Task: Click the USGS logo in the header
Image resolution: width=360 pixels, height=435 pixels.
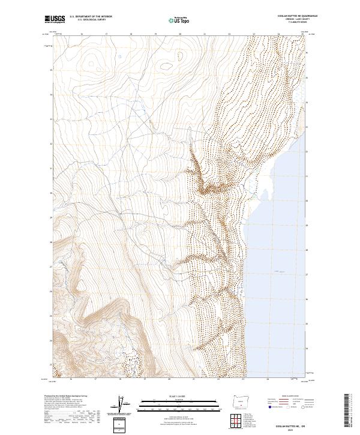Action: tap(55, 20)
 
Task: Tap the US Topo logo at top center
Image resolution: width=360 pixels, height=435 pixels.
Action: tap(179, 20)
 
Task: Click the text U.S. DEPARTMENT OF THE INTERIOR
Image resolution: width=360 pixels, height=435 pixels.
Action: tap(91, 17)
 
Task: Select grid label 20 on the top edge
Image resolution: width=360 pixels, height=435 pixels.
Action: tap(180, 34)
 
